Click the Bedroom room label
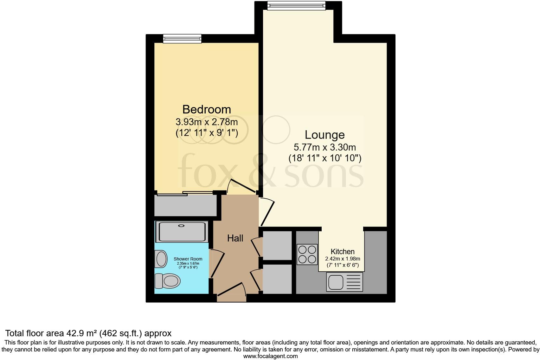pos(207,110)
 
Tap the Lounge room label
pos(325,135)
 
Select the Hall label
pos(235,238)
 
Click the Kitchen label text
pos(343,252)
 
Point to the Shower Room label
pos(188,259)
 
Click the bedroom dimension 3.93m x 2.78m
pos(207,122)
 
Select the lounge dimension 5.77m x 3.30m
pos(325,147)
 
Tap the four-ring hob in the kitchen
pos(307,254)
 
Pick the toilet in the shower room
pos(167,281)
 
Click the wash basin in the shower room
pos(161,259)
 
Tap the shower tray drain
pos(181,226)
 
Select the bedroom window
pos(182,39)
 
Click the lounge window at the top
pos(296,5)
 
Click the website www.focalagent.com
pos(270,356)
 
